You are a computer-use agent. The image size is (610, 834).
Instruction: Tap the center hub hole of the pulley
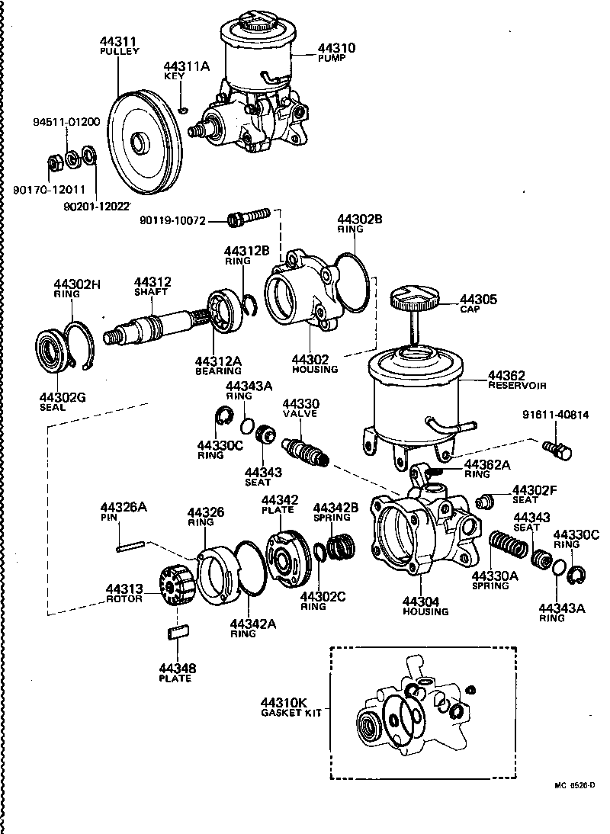pos(139,143)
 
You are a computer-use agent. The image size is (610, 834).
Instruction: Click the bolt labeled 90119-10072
pos(249,218)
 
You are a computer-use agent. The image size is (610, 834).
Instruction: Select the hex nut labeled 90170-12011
pos(55,162)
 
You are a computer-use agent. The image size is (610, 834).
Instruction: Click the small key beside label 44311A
pos(183,109)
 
